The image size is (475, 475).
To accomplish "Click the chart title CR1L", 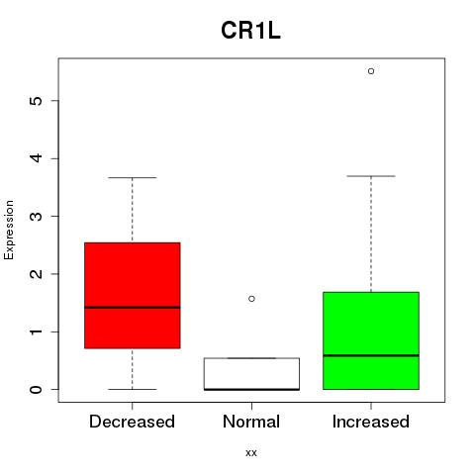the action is [250, 31].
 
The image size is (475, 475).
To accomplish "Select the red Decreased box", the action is [133, 295].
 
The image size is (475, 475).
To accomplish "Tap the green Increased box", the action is [371, 340].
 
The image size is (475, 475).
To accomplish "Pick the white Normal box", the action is [251, 374].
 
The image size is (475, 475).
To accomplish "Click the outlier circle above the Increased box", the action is [371, 71].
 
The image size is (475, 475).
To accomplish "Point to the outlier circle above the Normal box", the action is [251, 299].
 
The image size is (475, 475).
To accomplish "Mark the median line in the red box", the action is [133, 308].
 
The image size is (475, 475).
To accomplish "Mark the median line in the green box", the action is [371, 355].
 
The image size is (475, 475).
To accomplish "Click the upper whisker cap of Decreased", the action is [133, 177].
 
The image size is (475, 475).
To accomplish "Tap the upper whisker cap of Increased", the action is [371, 176].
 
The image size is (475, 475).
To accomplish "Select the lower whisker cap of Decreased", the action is [133, 389].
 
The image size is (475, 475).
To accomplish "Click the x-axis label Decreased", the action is [132, 422].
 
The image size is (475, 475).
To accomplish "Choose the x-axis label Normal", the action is [251, 422].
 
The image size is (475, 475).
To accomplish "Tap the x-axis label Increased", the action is [371, 422].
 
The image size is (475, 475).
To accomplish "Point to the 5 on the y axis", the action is [37, 101].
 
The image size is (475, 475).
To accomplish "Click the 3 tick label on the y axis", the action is [37, 216].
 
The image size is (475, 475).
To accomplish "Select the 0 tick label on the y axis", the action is [37, 389].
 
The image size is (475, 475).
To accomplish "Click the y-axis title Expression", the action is [9, 230].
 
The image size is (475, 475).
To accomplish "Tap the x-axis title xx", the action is [251, 453].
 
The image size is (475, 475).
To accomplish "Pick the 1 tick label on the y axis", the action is [37, 332].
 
